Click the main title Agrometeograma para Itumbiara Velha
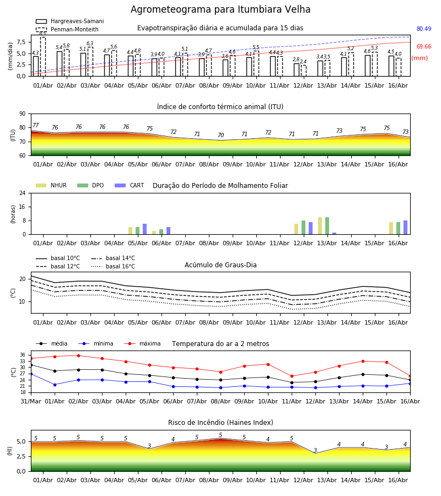220,9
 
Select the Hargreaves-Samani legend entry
69,21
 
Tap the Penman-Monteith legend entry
67,29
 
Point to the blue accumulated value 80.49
424,29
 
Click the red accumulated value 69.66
424,46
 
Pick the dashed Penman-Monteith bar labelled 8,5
42,57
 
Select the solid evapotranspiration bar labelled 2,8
297,70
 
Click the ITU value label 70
221,135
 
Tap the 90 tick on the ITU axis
23,114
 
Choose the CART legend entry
130,185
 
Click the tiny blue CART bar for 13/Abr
335,234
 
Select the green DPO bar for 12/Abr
303,228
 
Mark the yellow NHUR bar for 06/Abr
154,233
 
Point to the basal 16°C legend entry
113,266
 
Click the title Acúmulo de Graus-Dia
220,265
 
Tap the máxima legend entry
142,343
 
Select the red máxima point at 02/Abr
78,355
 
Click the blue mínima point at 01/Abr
55,385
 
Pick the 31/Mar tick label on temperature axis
31,401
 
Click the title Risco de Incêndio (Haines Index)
220,423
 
